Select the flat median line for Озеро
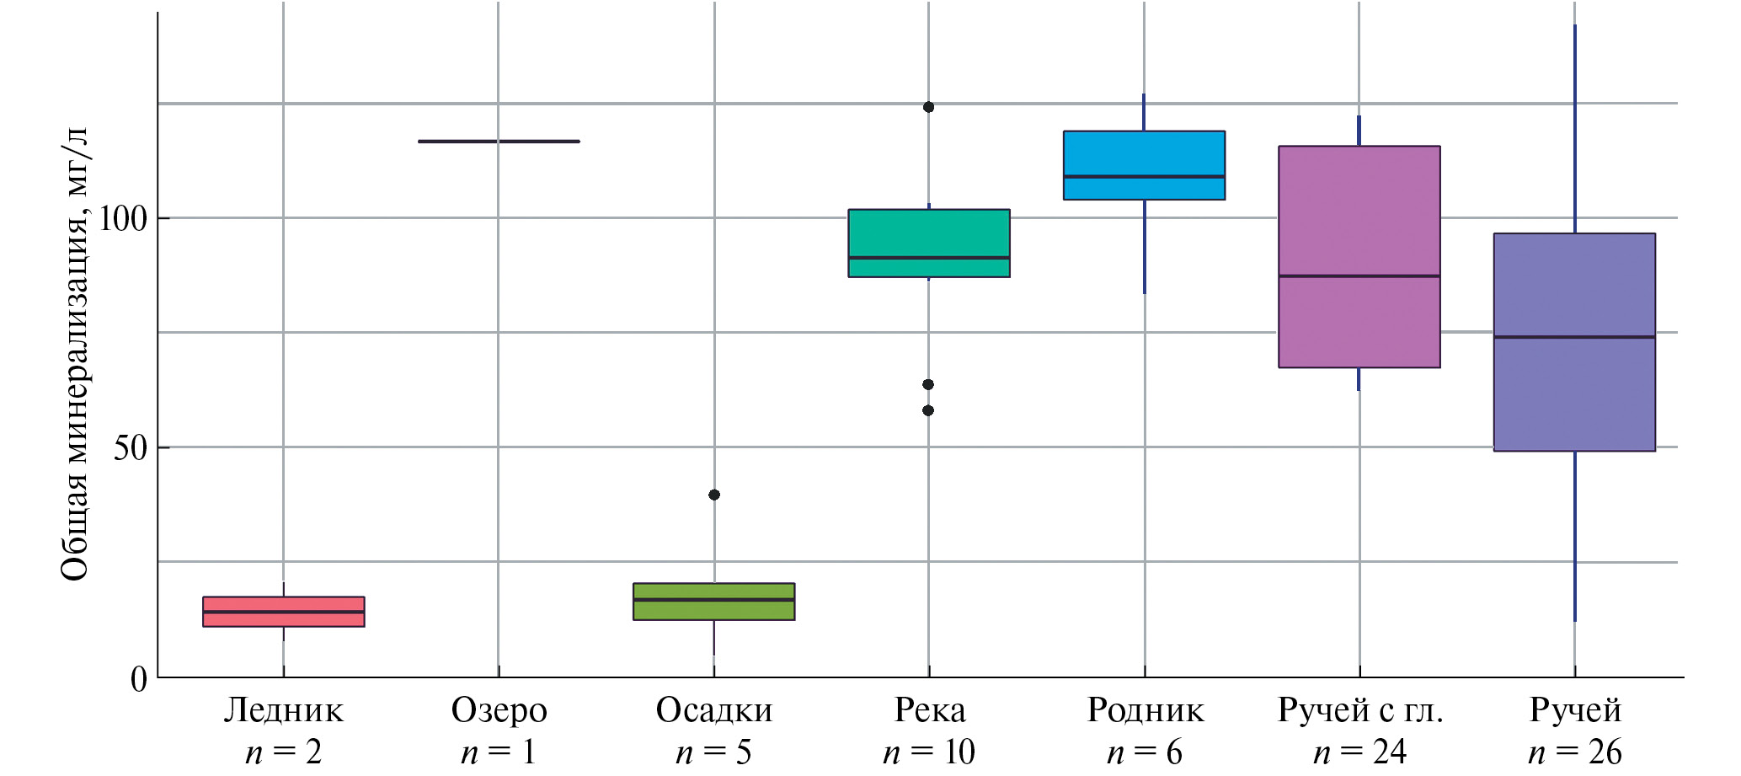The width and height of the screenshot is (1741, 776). point(499,142)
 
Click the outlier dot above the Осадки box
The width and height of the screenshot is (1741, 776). point(714,495)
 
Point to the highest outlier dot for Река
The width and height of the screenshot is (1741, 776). point(928,107)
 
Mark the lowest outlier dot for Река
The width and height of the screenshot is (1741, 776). point(928,410)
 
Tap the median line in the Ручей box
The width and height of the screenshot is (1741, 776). point(1574,337)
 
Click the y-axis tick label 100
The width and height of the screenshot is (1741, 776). point(123,219)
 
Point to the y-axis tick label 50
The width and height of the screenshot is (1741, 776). point(131,448)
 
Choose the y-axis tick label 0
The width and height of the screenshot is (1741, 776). point(139,679)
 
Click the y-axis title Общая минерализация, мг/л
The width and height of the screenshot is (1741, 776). point(74,354)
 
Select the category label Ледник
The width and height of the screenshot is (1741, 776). point(283,710)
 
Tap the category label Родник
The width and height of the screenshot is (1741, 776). point(1145,710)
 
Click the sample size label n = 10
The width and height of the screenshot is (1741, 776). point(928,752)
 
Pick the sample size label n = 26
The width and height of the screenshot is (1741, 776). point(1574,752)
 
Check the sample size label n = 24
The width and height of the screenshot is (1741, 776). point(1359,752)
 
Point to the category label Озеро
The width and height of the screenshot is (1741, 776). point(499,710)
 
